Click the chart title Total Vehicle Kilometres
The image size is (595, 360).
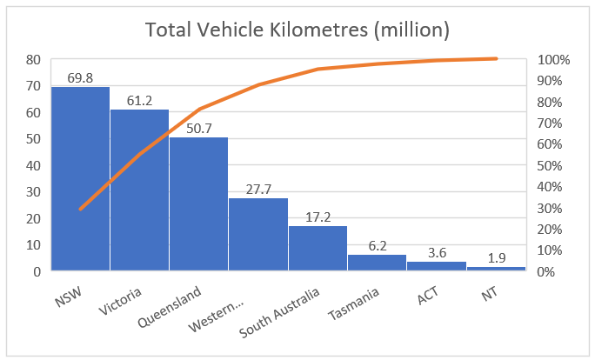(297, 30)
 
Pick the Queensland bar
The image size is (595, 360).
(198, 203)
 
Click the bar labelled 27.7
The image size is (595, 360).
(258, 234)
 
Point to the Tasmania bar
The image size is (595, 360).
(377, 263)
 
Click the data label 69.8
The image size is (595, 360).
(80, 77)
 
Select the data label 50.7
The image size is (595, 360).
(198, 128)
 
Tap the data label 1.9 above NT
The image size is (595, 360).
(496, 257)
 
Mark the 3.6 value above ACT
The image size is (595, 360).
(437, 253)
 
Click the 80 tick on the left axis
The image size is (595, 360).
(33, 60)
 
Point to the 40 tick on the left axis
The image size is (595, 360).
(33, 165)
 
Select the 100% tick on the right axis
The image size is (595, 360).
(553, 60)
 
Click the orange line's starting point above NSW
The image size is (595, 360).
(80, 209)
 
